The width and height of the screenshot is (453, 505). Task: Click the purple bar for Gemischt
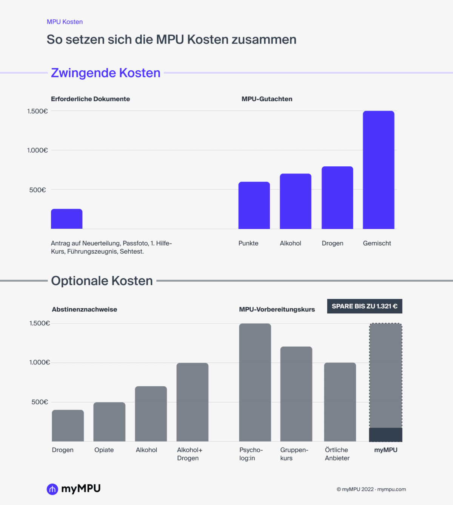[378, 170]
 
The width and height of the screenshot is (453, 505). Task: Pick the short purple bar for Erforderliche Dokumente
[66, 219]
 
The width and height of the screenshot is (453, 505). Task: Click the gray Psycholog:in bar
[255, 382]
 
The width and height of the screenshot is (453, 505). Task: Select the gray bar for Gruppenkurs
[296, 394]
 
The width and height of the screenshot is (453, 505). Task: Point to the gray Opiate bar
[109, 422]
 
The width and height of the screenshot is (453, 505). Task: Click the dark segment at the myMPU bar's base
[385, 435]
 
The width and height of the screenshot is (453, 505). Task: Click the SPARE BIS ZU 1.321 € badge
[364, 306]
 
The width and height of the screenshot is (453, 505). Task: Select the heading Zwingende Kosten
[106, 73]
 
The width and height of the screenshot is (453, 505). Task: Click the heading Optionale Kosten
[102, 281]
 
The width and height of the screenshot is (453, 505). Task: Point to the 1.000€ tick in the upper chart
[37, 150]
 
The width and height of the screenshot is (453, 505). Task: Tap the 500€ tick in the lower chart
[40, 402]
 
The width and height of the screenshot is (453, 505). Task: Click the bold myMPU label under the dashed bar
[385, 450]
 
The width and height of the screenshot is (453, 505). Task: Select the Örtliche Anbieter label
[337, 454]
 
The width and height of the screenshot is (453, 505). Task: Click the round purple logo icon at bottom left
[52, 489]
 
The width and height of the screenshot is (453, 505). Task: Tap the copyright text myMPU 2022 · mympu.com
[371, 489]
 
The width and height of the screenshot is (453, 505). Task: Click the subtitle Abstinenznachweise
[84, 309]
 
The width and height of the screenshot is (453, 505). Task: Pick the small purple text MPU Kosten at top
[65, 22]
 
